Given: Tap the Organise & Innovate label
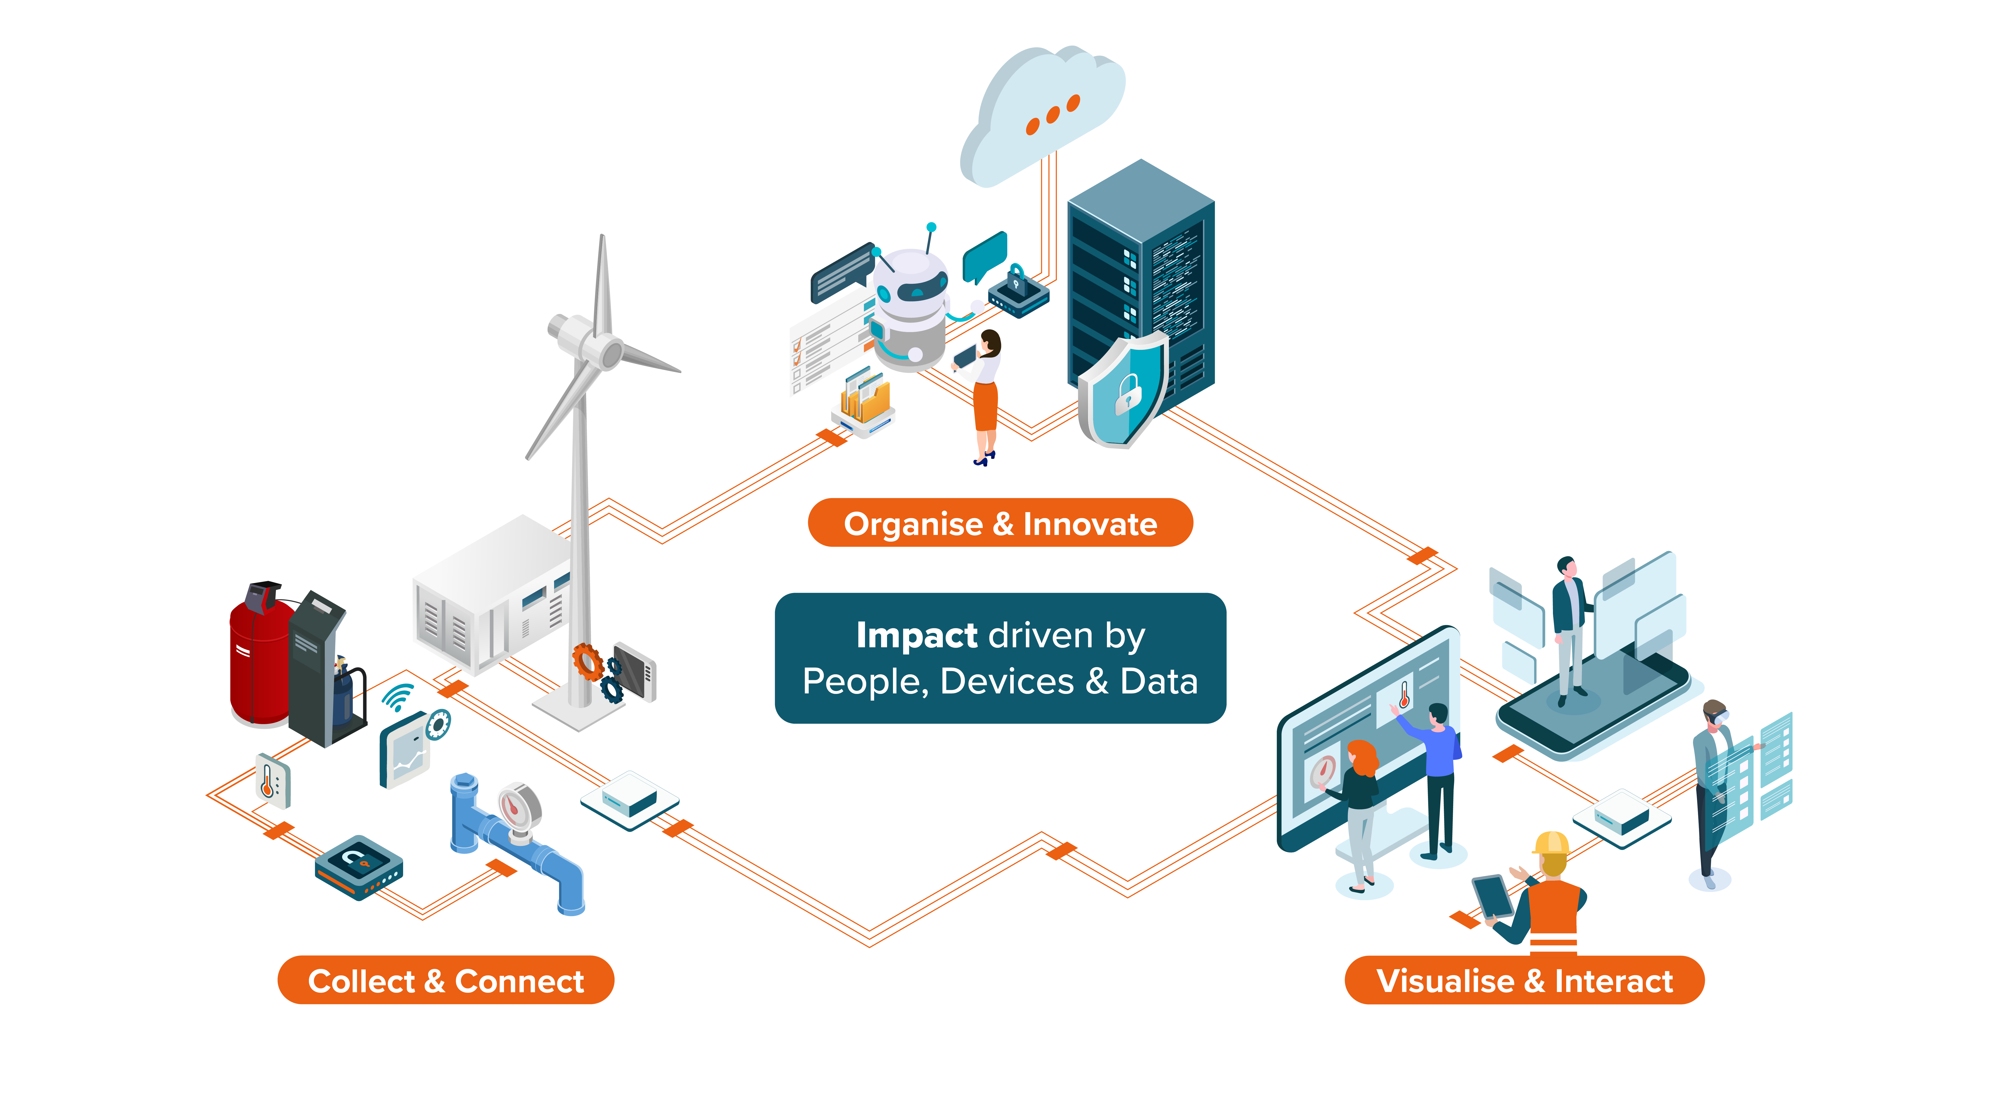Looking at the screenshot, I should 1000,524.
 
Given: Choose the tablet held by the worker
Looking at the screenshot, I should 1492,896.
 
